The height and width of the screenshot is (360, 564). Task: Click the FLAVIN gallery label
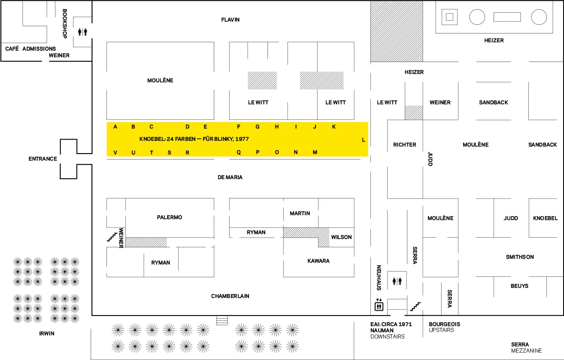pos(231,20)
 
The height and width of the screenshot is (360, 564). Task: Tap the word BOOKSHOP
pos(65,24)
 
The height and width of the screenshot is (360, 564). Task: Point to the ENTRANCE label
pos(43,158)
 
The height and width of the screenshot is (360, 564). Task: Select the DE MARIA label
pos(230,177)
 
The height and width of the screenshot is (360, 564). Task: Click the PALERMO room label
pos(169,217)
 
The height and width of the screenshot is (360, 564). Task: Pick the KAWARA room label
pos(319,261)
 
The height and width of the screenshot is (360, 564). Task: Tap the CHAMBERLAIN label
pos(230,296)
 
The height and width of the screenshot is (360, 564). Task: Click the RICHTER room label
pos(405,145)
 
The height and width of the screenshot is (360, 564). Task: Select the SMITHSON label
pos(520,257)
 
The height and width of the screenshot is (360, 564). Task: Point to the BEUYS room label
pos(520,286)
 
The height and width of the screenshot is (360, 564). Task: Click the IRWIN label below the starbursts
pos(47,334)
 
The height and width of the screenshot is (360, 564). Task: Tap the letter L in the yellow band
pos(363,140)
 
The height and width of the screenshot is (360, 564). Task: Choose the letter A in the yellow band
pos(115,127)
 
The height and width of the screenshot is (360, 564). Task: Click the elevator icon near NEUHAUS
pos(379,305)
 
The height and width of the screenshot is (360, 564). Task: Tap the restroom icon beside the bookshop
pos(82,32)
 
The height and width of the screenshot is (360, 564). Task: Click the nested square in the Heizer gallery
pos(449,17)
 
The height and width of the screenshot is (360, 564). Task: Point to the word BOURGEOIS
pos(444,324)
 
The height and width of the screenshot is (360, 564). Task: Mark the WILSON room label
pos(341,237)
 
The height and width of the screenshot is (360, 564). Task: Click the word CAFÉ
pos(12,49)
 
